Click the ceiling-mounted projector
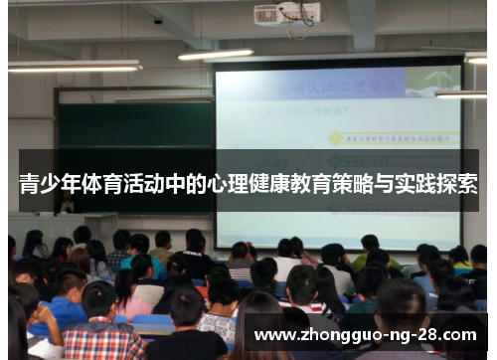click(287, 14)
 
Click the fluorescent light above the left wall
click(75, 67)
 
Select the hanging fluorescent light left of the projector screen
click(216, 54)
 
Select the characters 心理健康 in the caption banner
click(253, 184)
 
